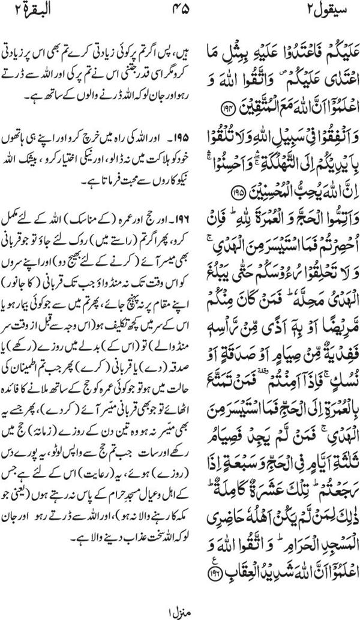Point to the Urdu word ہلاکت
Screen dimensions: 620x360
pyautogui.click(x=133, y=146)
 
